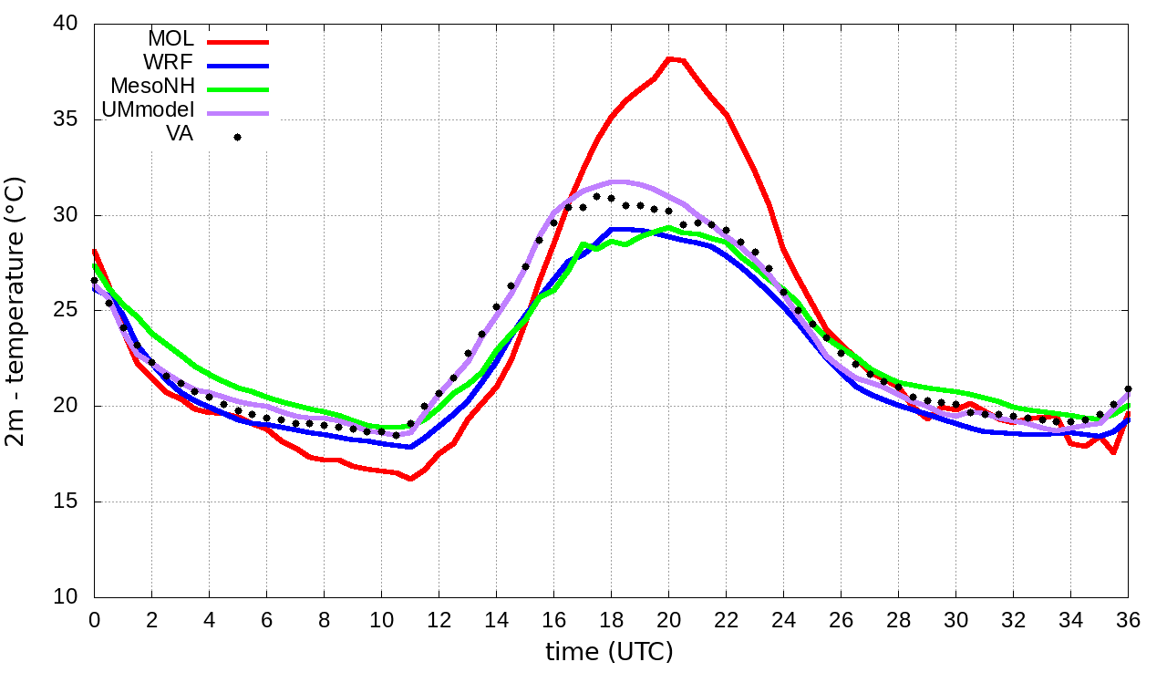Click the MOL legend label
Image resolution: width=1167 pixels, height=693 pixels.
click(x=170, y=39)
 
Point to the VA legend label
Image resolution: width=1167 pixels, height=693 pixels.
click(x=179, y=135)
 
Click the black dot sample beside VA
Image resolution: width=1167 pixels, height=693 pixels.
click(x=237, y=138)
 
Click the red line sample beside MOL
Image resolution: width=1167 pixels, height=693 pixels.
click(x=237, y=41)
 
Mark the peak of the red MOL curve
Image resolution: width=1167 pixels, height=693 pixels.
click(x=669, y=58)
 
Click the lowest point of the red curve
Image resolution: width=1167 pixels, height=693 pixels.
click(x=410, y=479)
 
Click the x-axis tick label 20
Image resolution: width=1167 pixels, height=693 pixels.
click(x=668, y=620)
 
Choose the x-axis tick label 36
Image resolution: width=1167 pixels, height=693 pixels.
click(x=1129, y=620)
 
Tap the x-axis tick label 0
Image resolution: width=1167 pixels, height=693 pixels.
click(x=94, y=620)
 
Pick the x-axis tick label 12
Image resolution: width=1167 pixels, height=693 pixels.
click(x=439, y=620)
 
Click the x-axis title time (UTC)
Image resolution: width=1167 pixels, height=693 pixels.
click(x=609, y=652)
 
